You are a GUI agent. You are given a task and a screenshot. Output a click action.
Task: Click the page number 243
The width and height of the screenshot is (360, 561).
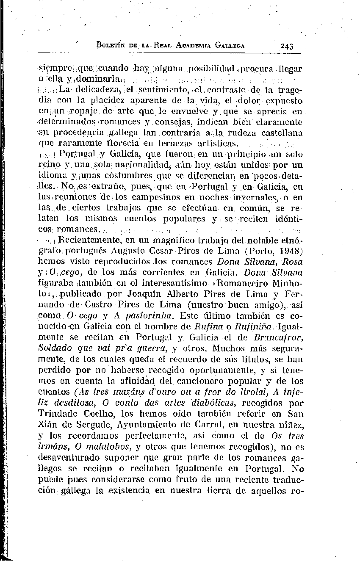(x=287, y=46)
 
